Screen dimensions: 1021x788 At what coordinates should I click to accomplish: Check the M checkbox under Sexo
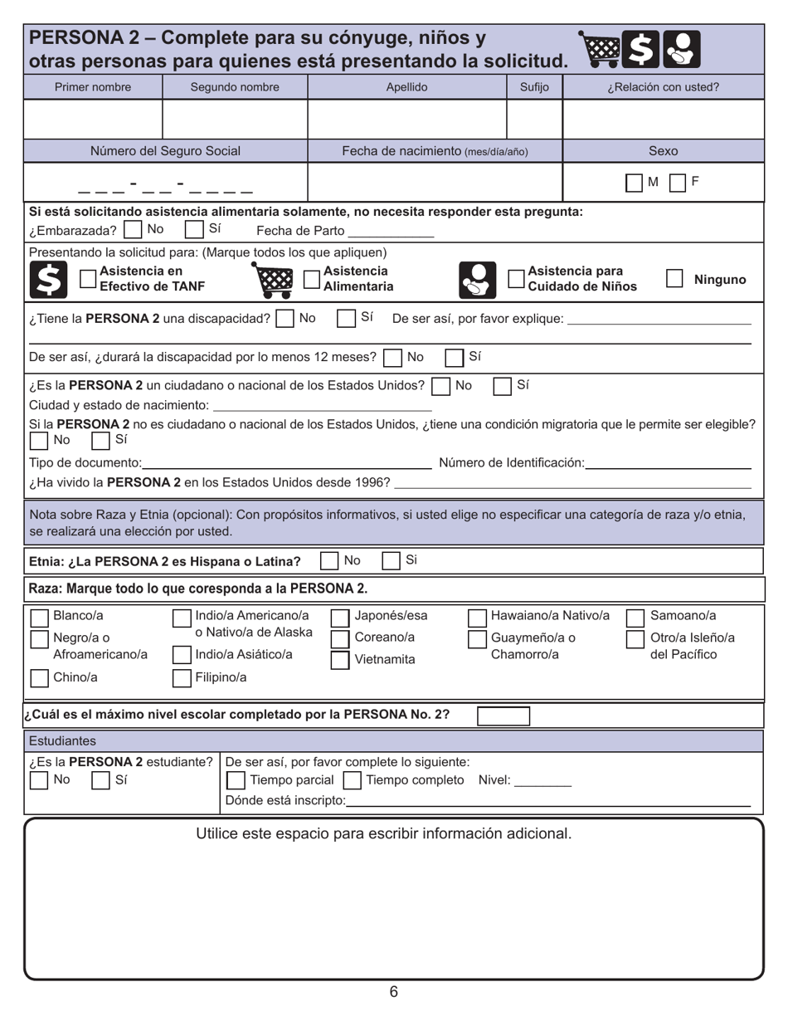click(x=634, y=183)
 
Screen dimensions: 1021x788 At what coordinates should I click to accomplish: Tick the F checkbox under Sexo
click(x=677, y=183)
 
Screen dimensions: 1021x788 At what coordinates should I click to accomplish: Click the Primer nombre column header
click(x=93, y=87)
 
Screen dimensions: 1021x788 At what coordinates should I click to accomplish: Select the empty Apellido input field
click(x=406, y=119)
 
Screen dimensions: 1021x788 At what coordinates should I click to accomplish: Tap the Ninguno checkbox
click(x=674, y=279)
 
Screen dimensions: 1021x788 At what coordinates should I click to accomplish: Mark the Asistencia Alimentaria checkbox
click(x=312, y=279)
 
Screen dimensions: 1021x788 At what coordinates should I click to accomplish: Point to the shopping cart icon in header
click(x=598, y=50)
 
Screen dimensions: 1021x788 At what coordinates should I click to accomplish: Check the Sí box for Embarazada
click(x=194, y=229)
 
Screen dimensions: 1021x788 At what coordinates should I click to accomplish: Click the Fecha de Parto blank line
click(x=390, y=232)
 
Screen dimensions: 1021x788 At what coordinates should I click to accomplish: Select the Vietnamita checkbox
click(x=339, y=660)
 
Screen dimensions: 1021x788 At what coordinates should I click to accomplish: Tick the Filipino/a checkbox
click(x=182, y=678)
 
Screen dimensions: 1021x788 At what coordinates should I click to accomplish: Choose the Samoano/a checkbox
click(x=635, y=617)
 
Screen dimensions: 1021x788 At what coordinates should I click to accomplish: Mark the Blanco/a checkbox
click(x=39, y=617)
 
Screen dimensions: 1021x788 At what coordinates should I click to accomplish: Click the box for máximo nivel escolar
click(x=503, y=716)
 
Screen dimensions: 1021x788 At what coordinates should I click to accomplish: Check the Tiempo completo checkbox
click(x=352, y=781)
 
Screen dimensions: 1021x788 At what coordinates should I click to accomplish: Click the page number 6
click(x=393, y=992)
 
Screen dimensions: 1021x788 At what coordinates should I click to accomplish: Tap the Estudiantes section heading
click(x=62, y=740)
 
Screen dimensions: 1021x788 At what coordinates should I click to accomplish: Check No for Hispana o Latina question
click(x=329, y=561)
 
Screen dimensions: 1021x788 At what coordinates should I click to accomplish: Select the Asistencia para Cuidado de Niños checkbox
click(x=516, y=279)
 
